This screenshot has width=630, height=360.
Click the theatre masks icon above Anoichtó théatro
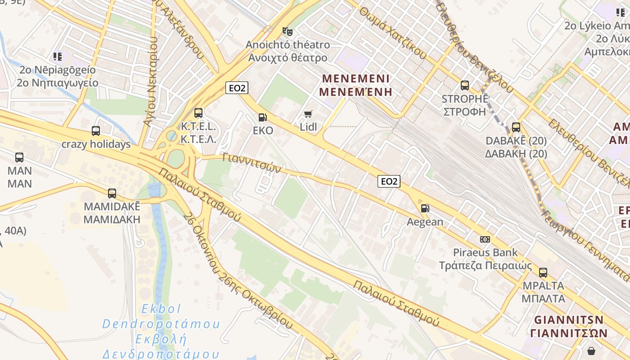click(287, 31)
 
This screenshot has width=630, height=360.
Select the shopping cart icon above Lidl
click(308, 114)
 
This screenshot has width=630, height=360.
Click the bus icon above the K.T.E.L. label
click(198, 113)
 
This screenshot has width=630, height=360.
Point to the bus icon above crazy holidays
click(96, 131)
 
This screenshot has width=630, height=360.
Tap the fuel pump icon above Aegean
click(425, 208)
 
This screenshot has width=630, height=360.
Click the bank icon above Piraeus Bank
click(485, 239)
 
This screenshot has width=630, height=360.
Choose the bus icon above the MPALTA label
click(543, 272)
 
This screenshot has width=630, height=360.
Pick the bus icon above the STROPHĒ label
click(465, 85)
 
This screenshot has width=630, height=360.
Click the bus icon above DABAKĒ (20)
click(516, 127)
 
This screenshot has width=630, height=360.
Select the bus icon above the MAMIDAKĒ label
click(112, 193)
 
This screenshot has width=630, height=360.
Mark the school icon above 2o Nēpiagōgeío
click(57, 57)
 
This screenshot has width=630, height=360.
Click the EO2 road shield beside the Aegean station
click(389, 181)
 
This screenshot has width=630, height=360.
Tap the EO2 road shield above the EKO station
click(237, 88)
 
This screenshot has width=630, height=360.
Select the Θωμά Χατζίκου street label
click(393, 34)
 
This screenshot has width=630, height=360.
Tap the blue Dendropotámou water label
click(161, 324)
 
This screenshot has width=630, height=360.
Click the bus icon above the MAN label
click(19, 157)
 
